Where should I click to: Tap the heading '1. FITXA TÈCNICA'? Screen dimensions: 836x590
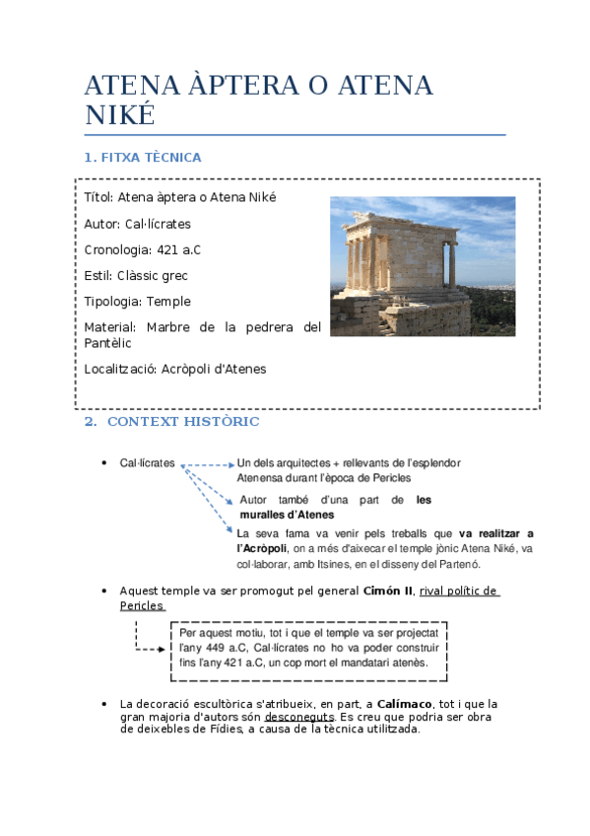[143, 157]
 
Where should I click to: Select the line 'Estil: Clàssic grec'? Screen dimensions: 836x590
[136, 275]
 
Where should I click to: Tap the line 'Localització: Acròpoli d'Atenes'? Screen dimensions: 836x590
[175, 369]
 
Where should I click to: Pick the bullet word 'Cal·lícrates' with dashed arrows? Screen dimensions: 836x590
[148, 462]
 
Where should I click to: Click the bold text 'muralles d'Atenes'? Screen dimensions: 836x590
[287, 515]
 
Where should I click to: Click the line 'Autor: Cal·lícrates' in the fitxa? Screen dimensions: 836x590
[138, 224]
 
